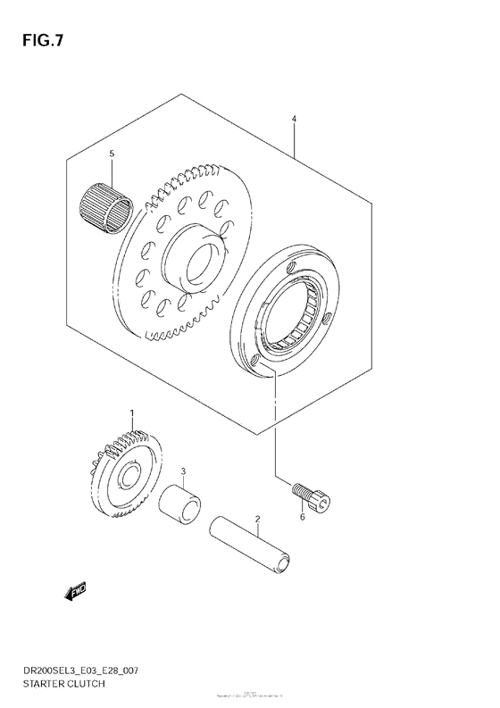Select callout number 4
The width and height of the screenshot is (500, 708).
294,118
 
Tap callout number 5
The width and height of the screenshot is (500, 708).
112,154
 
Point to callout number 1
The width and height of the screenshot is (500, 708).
131,412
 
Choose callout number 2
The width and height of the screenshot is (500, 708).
256,518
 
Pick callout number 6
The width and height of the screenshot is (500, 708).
302,517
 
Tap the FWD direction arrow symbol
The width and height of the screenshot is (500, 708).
73,593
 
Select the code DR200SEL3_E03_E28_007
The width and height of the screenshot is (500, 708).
80,669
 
